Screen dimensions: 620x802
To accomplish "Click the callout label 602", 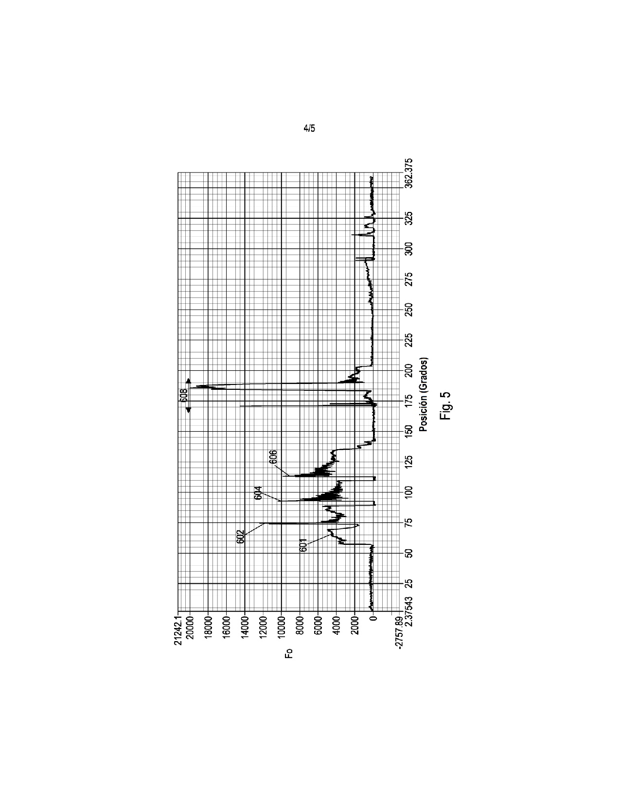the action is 240,538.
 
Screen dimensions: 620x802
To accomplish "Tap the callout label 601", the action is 303,545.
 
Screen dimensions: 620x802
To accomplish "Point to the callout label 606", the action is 273,458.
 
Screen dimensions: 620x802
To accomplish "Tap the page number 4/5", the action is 309,128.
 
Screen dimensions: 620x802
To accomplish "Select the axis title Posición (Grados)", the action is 423,395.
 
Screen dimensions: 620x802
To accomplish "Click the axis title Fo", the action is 289,653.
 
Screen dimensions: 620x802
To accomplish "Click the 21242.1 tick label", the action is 178,630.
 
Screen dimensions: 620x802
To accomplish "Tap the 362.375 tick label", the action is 408,173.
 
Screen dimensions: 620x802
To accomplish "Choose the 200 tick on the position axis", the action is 408,370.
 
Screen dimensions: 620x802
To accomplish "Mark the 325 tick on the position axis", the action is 408,219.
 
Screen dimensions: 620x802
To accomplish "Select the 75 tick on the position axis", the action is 408,523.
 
